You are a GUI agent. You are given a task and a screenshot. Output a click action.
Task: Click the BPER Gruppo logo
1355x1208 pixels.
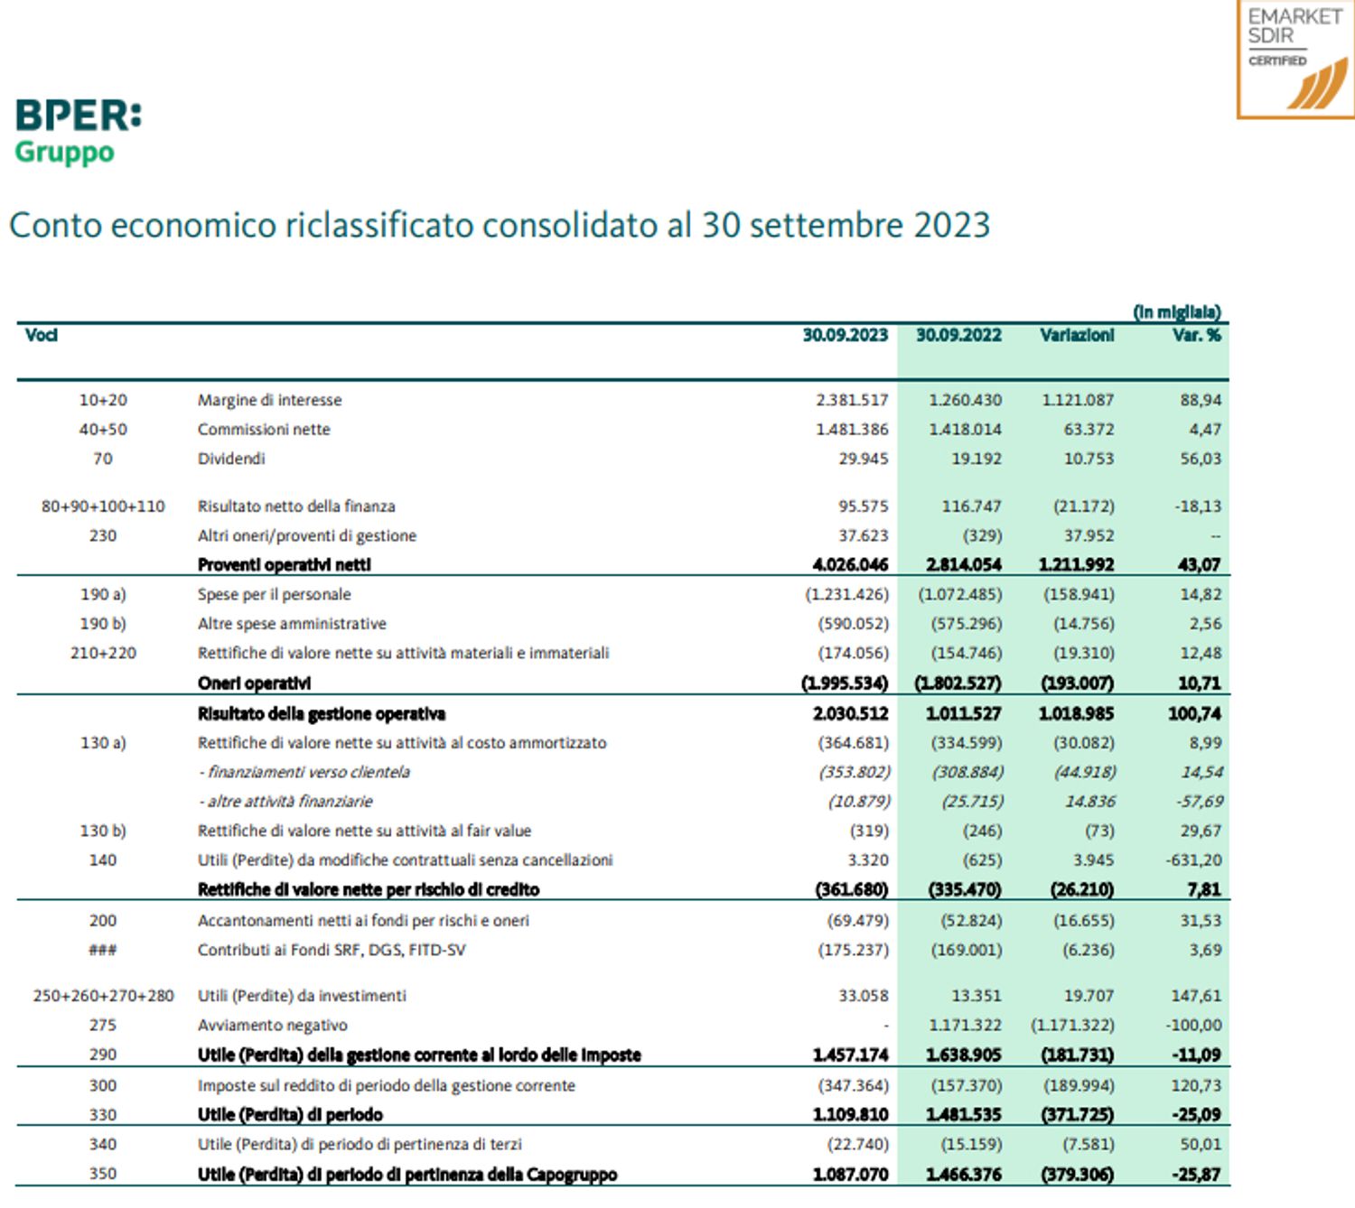(x=78, y=131)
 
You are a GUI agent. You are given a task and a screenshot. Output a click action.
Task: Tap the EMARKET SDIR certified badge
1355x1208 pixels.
(x=1294, y=60)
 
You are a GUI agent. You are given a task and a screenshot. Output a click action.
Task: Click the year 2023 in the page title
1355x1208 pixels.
(x=952, y=225)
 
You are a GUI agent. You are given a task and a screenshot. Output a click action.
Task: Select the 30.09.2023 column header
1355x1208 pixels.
(x=845, y=335)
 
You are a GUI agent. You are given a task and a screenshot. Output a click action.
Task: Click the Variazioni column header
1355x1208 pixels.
(x=1076, y=335)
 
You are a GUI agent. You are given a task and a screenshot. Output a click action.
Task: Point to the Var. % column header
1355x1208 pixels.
(x=1197, y=335)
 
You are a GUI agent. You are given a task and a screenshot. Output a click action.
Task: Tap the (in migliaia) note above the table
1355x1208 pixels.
(x=1176, y=312)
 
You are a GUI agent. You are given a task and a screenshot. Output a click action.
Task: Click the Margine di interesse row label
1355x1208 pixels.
(x=269, y=400)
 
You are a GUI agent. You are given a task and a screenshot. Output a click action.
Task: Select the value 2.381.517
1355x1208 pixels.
(x=851, y=400)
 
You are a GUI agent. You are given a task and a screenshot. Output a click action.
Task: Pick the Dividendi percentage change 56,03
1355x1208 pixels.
(x=1200, y=459)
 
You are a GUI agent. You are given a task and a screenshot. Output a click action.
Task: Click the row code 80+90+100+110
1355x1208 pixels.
(x=103, y=506)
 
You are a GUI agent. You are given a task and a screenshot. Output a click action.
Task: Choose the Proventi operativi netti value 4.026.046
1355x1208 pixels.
(x=850, y=565)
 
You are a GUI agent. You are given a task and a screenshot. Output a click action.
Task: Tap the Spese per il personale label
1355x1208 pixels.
(x=274, y=594)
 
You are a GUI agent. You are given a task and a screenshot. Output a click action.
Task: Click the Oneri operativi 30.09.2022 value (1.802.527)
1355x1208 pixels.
(x=958, y=683)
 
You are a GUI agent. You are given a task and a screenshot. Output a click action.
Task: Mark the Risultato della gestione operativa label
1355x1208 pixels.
(x=321, y=714)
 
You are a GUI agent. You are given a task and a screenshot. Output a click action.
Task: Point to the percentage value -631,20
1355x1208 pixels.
(x=1192, y=860)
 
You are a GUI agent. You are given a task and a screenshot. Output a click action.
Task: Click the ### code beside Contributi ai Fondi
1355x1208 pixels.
(x=102, y=950)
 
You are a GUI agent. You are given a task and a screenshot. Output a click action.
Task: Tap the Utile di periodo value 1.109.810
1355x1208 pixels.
(x=850, y=1115)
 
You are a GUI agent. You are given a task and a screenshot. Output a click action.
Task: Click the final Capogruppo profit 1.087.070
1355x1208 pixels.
(x=850, y=1175)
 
